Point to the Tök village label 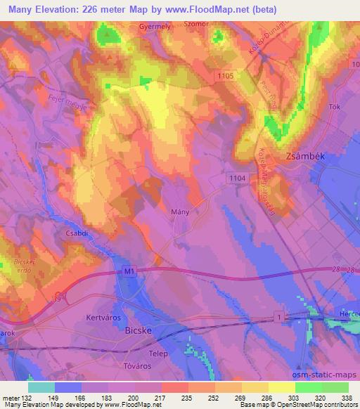[335, 107]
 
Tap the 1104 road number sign [237, 180]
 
